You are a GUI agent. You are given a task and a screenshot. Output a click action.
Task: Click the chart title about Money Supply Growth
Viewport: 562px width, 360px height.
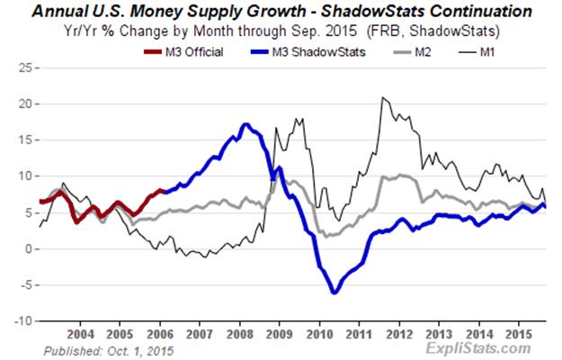[x=281, y=12]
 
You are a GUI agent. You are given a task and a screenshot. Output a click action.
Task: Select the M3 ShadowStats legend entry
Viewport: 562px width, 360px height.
[x=314, y=50]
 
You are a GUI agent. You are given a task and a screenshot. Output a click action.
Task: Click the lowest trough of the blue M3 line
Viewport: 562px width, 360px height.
[x=335, y=292]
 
